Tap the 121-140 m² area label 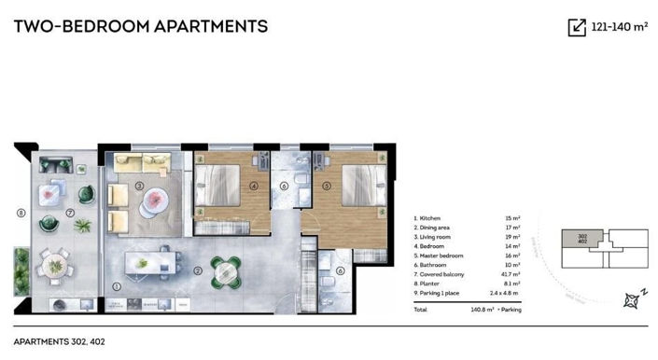pos(619,27)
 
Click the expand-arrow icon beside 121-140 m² pos(577,27)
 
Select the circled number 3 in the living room pos(139,186)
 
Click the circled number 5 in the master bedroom pos(328,185)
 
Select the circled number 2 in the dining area pos(199,271)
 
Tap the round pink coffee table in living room pos(154,199)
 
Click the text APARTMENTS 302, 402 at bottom pos(60,341)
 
